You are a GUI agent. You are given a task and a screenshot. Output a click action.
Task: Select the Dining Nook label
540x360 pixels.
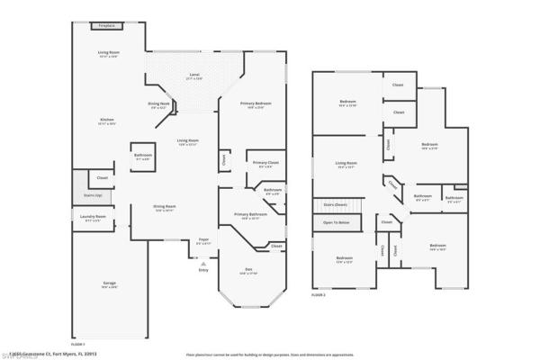click(x=159, y=104)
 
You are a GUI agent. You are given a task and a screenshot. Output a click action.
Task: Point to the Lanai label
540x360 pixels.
click(x=193, y=75)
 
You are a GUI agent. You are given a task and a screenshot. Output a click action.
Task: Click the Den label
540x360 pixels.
click(x=250, y=271)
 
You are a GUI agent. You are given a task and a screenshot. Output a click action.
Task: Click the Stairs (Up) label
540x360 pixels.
click(x=92, y=193)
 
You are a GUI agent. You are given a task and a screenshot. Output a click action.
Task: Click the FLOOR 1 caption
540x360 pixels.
click(x=77, y=343)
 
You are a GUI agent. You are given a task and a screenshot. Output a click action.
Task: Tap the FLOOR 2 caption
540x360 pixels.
click(x=319, y=293)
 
